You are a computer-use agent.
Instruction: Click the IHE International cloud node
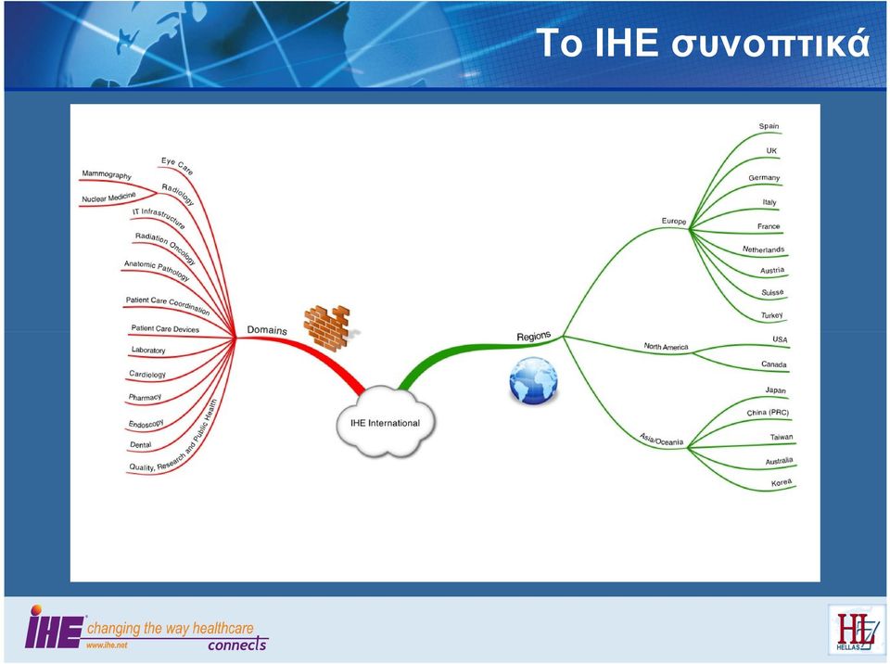pos(386,422)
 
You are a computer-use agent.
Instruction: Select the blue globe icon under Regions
pos(533,380)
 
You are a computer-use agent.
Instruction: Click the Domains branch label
pos(267,330)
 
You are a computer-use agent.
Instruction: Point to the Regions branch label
pos(534,337)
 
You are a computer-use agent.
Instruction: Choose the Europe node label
pos(674,221)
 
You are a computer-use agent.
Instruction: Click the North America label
pos(666,347)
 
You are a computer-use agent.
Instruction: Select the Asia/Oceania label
pos(661,439)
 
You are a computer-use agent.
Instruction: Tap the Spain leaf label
pos(769,126)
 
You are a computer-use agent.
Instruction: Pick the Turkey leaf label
pos(772,315)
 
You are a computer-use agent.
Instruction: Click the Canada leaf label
pos(773,364)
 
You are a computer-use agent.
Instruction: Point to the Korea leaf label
pos(781,483)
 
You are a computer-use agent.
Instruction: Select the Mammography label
pos(107,174)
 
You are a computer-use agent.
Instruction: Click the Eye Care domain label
pos(177,165)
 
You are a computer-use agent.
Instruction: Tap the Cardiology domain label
pos(147,375)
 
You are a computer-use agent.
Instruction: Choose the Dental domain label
pos(140,445)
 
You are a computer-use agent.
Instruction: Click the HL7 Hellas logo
pos(856,630)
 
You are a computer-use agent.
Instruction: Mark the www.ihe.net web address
pos(107,645)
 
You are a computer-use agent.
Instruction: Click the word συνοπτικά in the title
pos(770,44)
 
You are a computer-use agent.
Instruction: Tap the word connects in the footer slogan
pos(237,645)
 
